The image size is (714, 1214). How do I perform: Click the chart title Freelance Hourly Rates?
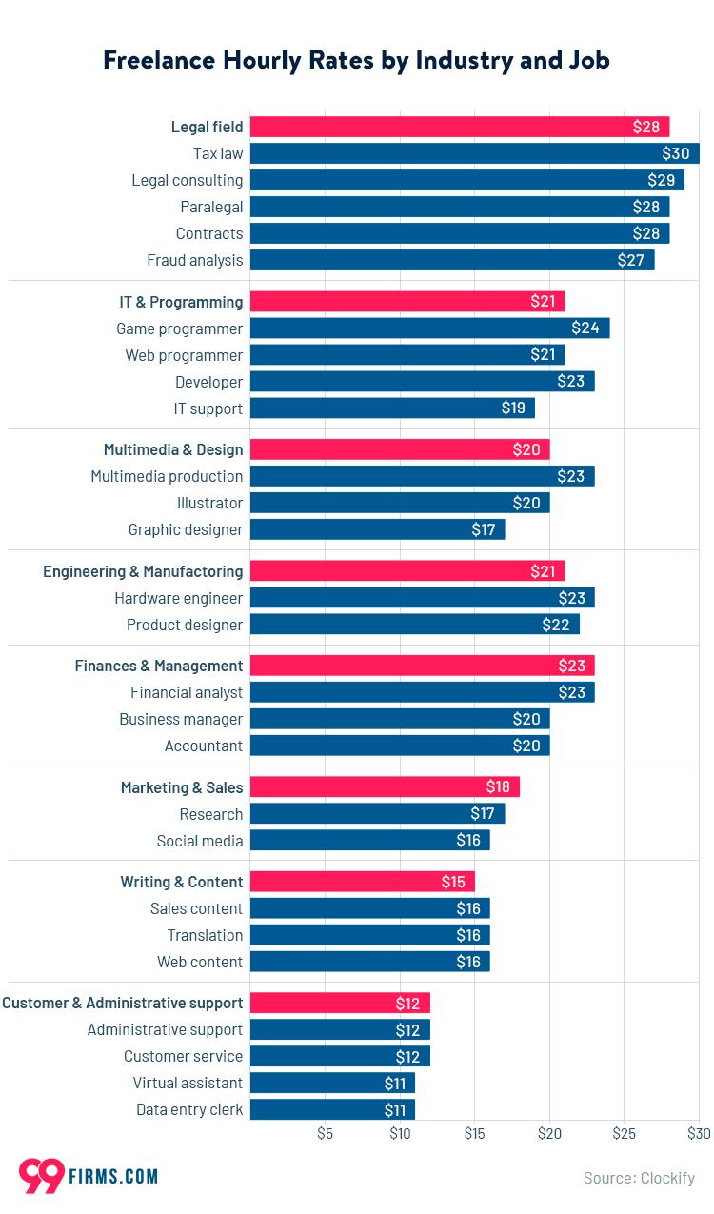356,60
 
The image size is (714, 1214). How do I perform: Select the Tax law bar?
474,153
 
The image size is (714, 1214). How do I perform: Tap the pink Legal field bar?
459,127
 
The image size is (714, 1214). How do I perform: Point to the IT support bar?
391,408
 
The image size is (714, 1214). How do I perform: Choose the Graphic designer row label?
186,529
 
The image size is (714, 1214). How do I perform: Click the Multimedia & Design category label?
173,449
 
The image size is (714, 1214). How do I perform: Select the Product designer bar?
414,625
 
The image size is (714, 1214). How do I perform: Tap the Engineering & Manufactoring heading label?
143,571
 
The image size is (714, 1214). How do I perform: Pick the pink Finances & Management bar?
422,666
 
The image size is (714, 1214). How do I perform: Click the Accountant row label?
204,746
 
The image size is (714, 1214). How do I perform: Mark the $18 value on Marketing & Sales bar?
497,787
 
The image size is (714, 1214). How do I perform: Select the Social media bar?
369,841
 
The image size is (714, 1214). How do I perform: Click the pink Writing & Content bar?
362,882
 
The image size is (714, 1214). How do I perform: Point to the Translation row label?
205,935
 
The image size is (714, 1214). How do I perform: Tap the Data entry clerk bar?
332,1109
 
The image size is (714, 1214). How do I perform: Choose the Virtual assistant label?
188,1083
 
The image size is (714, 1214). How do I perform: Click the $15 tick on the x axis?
474,1134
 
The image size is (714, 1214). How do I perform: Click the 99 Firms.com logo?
88,1176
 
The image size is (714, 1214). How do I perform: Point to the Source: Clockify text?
639,1178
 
